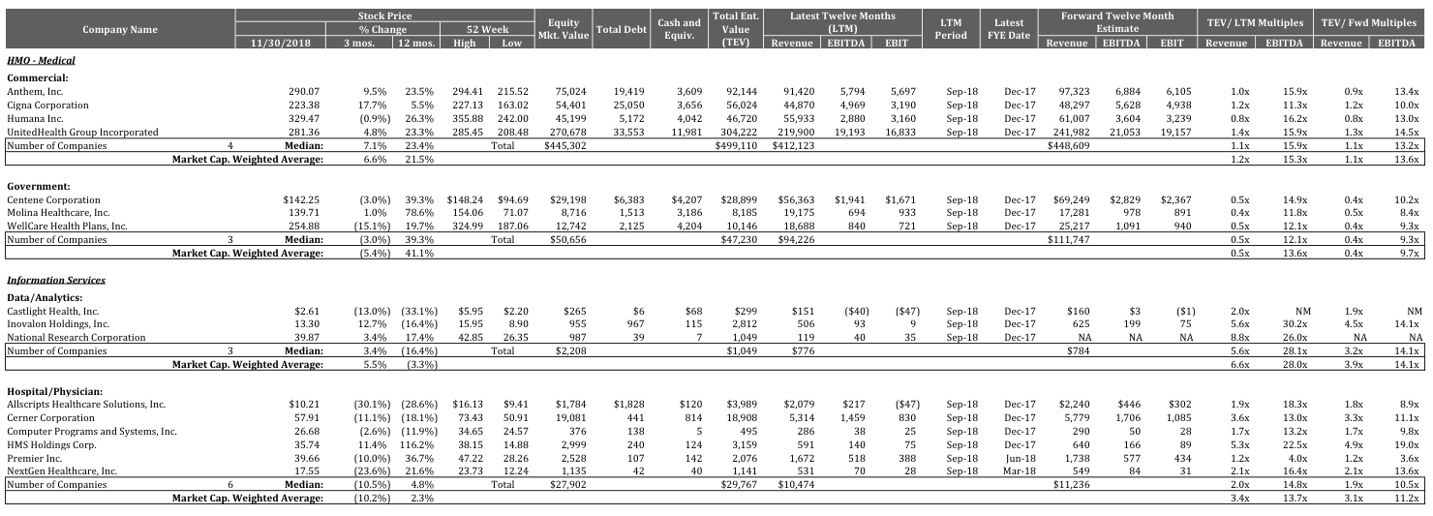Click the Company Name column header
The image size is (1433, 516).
click(119, 29)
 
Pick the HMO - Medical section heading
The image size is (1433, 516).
click(41, 60)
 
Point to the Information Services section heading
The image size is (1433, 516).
click(55, 280)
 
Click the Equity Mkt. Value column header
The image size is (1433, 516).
click(564, 29)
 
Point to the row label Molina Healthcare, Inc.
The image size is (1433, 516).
click(58, 212)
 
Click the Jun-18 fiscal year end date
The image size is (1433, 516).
click(1017, 458)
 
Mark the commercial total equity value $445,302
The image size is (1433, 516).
click(565, 145)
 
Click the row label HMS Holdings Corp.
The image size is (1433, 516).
click(48, 444)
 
